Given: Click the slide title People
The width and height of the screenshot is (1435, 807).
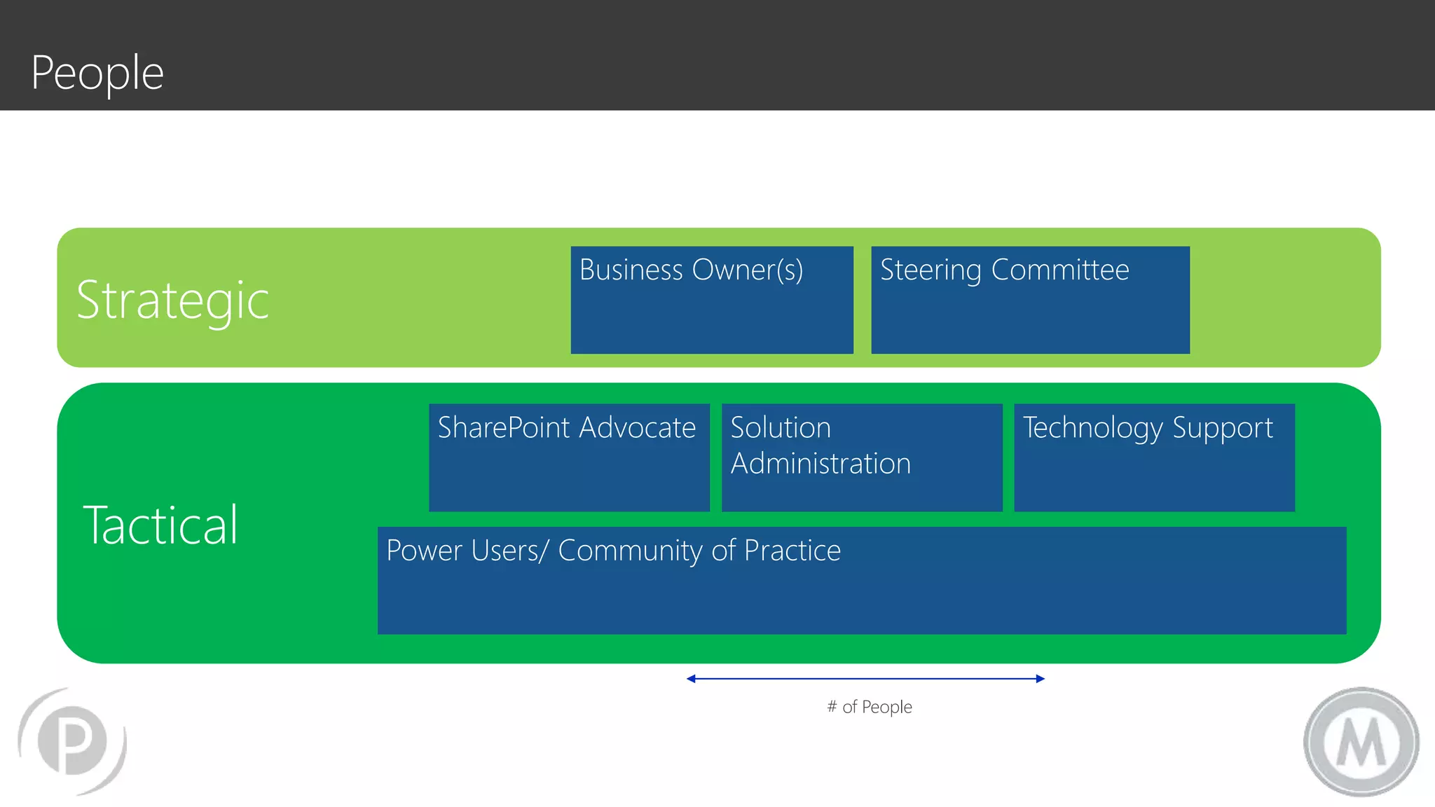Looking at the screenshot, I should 97,73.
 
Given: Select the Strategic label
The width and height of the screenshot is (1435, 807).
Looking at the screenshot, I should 172,300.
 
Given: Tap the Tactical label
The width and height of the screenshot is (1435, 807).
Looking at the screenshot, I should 160,525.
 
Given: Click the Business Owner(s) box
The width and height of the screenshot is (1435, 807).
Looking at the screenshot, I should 712,300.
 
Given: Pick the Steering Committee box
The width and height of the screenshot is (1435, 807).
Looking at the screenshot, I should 1030,300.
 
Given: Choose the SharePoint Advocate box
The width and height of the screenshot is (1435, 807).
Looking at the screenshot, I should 569,457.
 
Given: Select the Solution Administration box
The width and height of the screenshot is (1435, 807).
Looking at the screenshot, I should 862,457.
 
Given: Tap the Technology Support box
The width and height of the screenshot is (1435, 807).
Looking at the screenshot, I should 1154,457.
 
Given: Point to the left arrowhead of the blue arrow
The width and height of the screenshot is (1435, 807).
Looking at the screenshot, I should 691,678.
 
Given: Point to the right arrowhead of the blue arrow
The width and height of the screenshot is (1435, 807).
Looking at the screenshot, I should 1041,678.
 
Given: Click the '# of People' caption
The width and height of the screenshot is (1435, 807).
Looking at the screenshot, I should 870,707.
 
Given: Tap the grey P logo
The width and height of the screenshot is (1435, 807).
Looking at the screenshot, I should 72,741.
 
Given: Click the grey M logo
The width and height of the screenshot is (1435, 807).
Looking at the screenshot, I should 1361,742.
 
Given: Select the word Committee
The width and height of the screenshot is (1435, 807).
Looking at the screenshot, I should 1060,270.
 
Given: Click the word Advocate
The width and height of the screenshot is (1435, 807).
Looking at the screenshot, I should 637,427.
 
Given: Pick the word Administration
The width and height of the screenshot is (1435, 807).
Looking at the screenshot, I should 821,464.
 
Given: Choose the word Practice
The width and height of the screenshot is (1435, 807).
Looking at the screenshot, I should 792,551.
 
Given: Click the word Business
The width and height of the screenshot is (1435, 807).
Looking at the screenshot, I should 631,270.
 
